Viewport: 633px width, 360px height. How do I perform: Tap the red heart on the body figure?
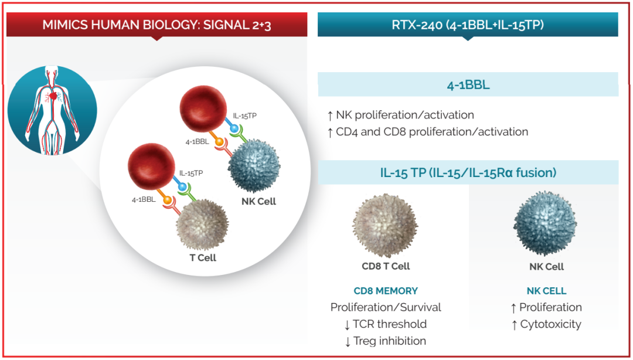coord(53,94)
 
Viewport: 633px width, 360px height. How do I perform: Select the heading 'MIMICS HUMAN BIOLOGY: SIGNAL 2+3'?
coord(156,25)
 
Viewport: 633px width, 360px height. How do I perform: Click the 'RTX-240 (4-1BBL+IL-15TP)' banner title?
coord(468,25)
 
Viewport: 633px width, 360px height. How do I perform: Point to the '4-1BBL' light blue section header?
coord(468,85)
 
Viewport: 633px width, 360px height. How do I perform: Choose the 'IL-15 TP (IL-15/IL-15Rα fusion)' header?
coord(468,173)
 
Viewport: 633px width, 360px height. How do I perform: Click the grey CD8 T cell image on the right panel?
coord(385,226)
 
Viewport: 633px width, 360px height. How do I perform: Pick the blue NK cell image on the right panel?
coord(545,226)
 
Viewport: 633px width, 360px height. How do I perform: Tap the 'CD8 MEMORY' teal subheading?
coord(386,291)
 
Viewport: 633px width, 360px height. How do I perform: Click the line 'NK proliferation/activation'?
coord(404,115)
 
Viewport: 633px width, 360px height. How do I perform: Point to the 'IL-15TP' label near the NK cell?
coord(244,116)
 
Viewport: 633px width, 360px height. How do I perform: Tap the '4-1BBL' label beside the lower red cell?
coord(144,199)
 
